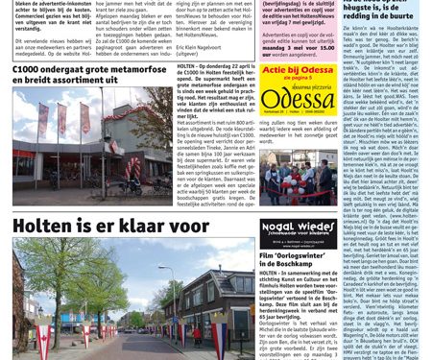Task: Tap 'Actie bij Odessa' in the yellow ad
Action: click(x=297, y=71)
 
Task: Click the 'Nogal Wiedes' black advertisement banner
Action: click(x=298, y=228)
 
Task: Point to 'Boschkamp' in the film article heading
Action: click(x=301, y=267)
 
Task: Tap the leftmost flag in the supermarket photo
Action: click(x=42, y=114)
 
